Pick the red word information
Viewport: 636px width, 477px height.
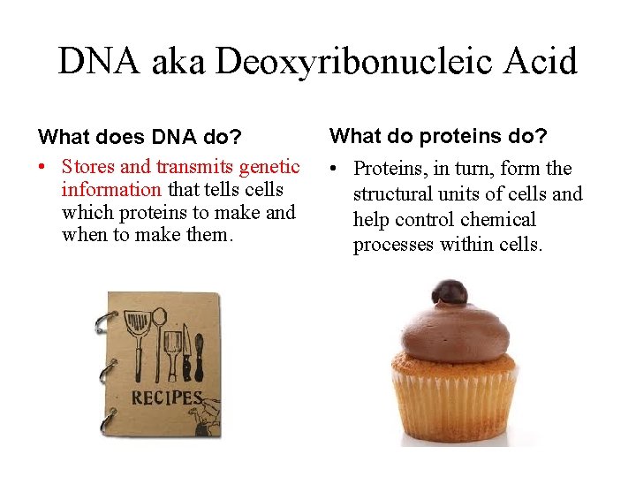pyautogui.click(x=111, y=189)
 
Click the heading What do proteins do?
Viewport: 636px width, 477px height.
pyautogui.click(x=438, y=135)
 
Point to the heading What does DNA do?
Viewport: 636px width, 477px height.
pyautogui.click(x=127, y=137)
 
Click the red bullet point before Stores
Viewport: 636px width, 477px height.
pyautogui.click(x=42, y=167)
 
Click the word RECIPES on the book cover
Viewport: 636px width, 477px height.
pyautogui.click(x=167, y=398)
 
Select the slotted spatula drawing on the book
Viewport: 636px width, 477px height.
pyautogui.click(x=138, y=339)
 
